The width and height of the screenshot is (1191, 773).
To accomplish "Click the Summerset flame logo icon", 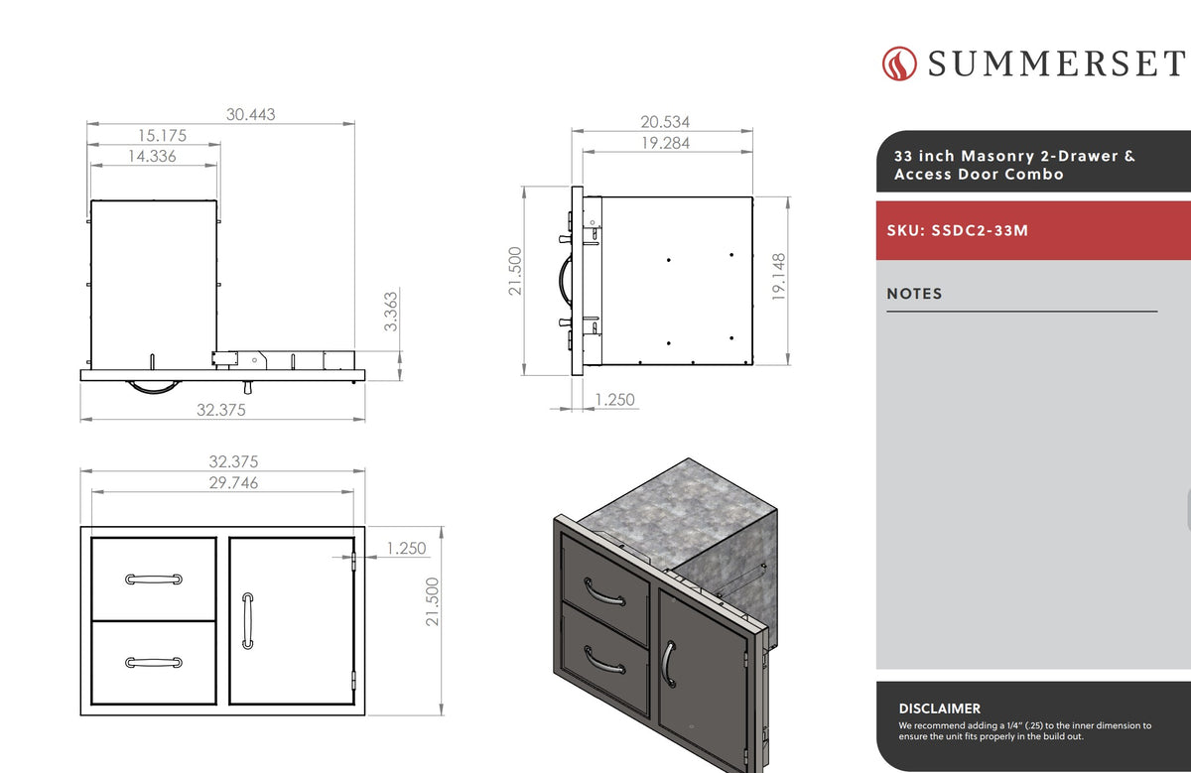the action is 899,64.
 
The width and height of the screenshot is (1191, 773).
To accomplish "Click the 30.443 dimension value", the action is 250,114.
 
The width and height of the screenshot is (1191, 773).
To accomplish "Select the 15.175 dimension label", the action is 162,136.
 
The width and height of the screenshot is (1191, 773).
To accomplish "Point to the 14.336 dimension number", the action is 152,156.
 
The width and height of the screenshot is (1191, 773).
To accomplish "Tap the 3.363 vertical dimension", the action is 391,312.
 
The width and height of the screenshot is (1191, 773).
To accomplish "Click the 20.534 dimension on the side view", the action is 665,122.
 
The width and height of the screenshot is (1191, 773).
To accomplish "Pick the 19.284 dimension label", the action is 665,143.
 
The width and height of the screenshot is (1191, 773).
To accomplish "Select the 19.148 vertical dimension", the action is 778,277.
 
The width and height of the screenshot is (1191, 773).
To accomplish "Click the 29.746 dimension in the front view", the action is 233,482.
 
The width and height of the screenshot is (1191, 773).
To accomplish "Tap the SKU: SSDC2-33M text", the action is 957,231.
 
